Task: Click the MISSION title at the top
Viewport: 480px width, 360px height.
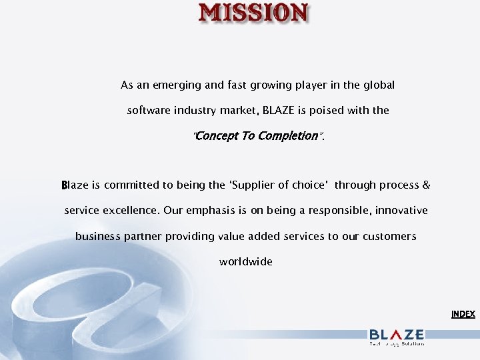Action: (254, 13)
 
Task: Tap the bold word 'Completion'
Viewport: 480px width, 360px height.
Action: (289, 136)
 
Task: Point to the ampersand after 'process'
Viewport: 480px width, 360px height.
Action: (427, 185)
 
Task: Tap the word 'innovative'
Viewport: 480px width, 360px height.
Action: (401, 211)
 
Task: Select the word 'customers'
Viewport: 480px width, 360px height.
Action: (389, 237)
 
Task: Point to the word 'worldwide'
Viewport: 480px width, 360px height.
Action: (246, 262)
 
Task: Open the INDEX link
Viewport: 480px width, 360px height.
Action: (463, 314)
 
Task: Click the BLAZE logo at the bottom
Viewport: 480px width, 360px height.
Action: (397, 335)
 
